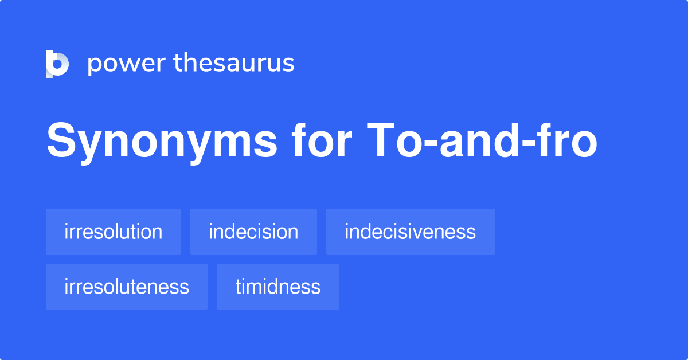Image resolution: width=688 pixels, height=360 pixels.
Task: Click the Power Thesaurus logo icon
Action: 57,64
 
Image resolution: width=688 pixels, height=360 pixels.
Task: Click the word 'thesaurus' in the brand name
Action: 234,64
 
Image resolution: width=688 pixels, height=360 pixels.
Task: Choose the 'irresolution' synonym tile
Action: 114,232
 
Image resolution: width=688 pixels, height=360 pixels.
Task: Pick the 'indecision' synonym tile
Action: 253,232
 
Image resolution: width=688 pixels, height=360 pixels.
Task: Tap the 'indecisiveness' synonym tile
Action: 410,232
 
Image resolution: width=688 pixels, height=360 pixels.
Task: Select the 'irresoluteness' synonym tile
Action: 127,287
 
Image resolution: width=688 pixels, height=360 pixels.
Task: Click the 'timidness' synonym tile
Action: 278,287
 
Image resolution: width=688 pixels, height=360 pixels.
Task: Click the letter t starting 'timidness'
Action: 239,287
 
